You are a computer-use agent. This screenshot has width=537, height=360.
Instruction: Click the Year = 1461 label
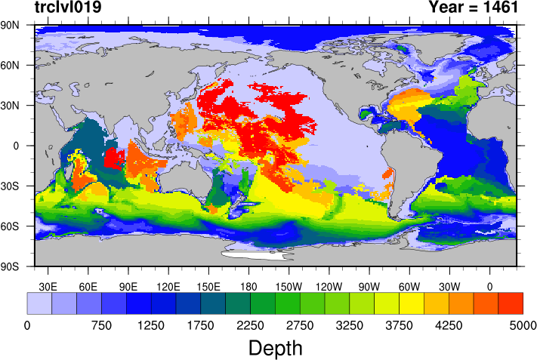[x=473, y=8]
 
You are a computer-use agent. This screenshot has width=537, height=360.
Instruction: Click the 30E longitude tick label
[x=48, y=286]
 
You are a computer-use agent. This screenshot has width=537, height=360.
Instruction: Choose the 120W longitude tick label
[x=329, y=286]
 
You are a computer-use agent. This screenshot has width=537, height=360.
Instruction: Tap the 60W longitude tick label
[x=409, y=286]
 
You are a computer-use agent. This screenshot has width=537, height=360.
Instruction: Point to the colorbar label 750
[x=101, y=325]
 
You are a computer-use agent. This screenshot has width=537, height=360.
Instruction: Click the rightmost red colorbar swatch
[x=511, y=303]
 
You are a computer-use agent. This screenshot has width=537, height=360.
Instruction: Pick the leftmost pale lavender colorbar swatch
[x=39, y=303]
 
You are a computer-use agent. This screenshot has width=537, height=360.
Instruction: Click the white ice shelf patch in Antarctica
[x=257, y=254]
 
